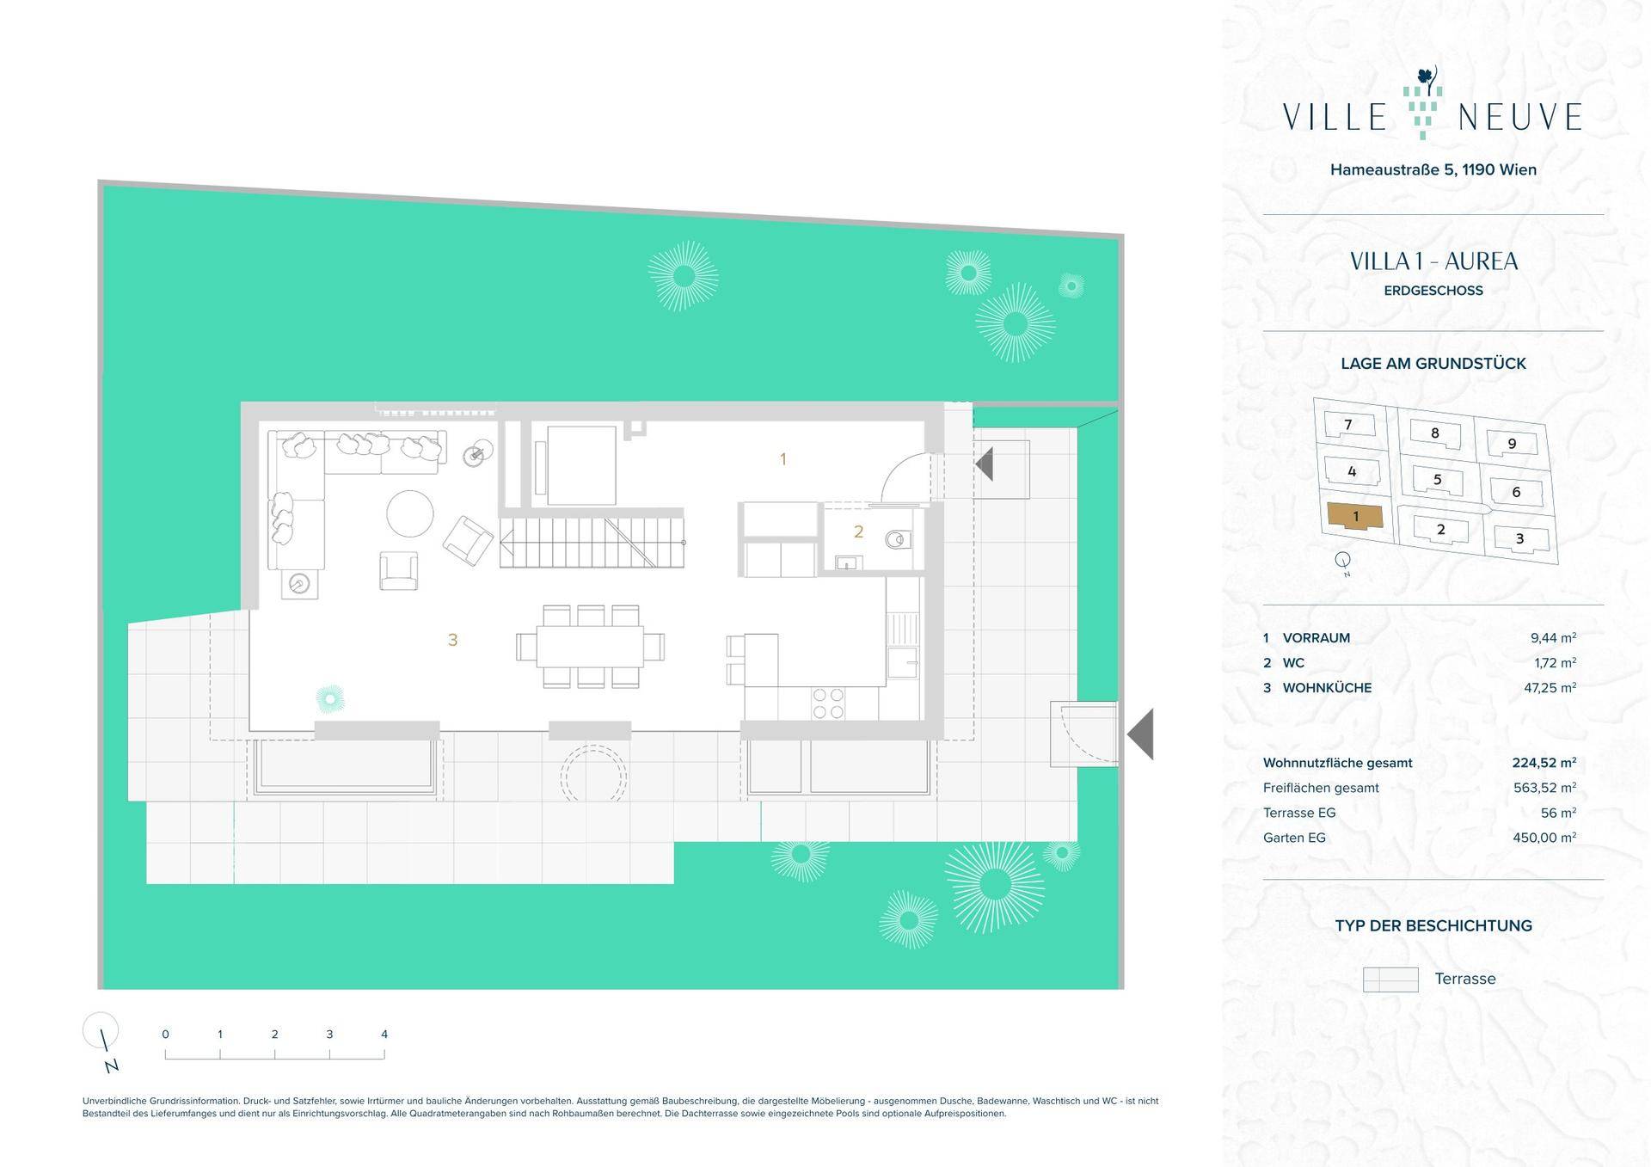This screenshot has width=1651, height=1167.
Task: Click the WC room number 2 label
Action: [858, 532]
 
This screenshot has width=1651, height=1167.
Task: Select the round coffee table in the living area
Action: [410, 513]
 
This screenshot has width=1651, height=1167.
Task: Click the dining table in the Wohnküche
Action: [590, 647]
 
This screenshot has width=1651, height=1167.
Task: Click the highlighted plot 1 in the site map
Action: [1355, 516]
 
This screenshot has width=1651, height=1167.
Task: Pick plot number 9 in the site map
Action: [1513, 444]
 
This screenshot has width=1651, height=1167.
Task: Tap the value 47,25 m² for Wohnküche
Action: [1553, 687]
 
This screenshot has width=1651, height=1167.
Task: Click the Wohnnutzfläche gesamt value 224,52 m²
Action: [1544, 762]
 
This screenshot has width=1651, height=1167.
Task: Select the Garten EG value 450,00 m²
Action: [1544, 837]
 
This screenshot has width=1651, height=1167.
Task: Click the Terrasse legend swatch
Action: [1390, 979]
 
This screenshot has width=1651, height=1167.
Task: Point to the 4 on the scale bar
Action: [384, 1035]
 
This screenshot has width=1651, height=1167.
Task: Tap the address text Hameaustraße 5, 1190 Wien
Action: [1433, 169]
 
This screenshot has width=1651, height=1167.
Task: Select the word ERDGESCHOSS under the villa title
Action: [1433, 291]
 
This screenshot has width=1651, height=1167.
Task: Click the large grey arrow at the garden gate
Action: [1141, 734]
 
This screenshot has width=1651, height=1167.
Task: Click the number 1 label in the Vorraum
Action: [783, 459]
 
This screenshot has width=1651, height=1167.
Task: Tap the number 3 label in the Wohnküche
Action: [452, 640]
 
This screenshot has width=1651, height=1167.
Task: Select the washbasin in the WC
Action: [849, 563]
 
